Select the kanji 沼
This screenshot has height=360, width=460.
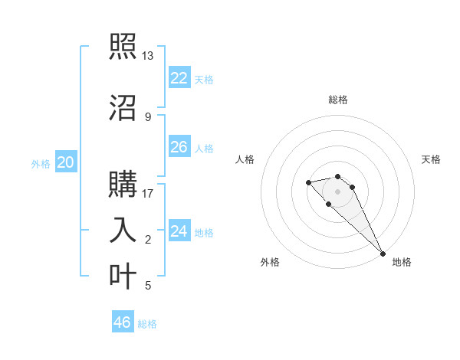(122, 107)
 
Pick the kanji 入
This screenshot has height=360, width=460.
(122, 231)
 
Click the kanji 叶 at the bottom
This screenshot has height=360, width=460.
(122, 276)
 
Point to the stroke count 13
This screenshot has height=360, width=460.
(148, 56)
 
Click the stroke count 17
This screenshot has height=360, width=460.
(148, 194)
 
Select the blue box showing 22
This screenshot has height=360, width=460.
(179, 78)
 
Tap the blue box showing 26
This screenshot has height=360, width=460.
(179, 147)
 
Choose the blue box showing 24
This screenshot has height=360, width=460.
(179, 231)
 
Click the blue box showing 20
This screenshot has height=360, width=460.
(66, 162)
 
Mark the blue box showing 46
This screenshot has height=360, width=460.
(123, 322)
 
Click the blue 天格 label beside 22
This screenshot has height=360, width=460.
(204, 79)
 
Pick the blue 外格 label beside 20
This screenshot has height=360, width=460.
(41, 163)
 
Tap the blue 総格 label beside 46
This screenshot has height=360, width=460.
(147, 323)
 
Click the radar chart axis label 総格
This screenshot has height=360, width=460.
(338, 100)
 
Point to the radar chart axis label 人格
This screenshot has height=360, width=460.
(245, 159)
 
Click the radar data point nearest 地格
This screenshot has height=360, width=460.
(383, 254)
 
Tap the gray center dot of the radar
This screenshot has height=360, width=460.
(338, 191)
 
